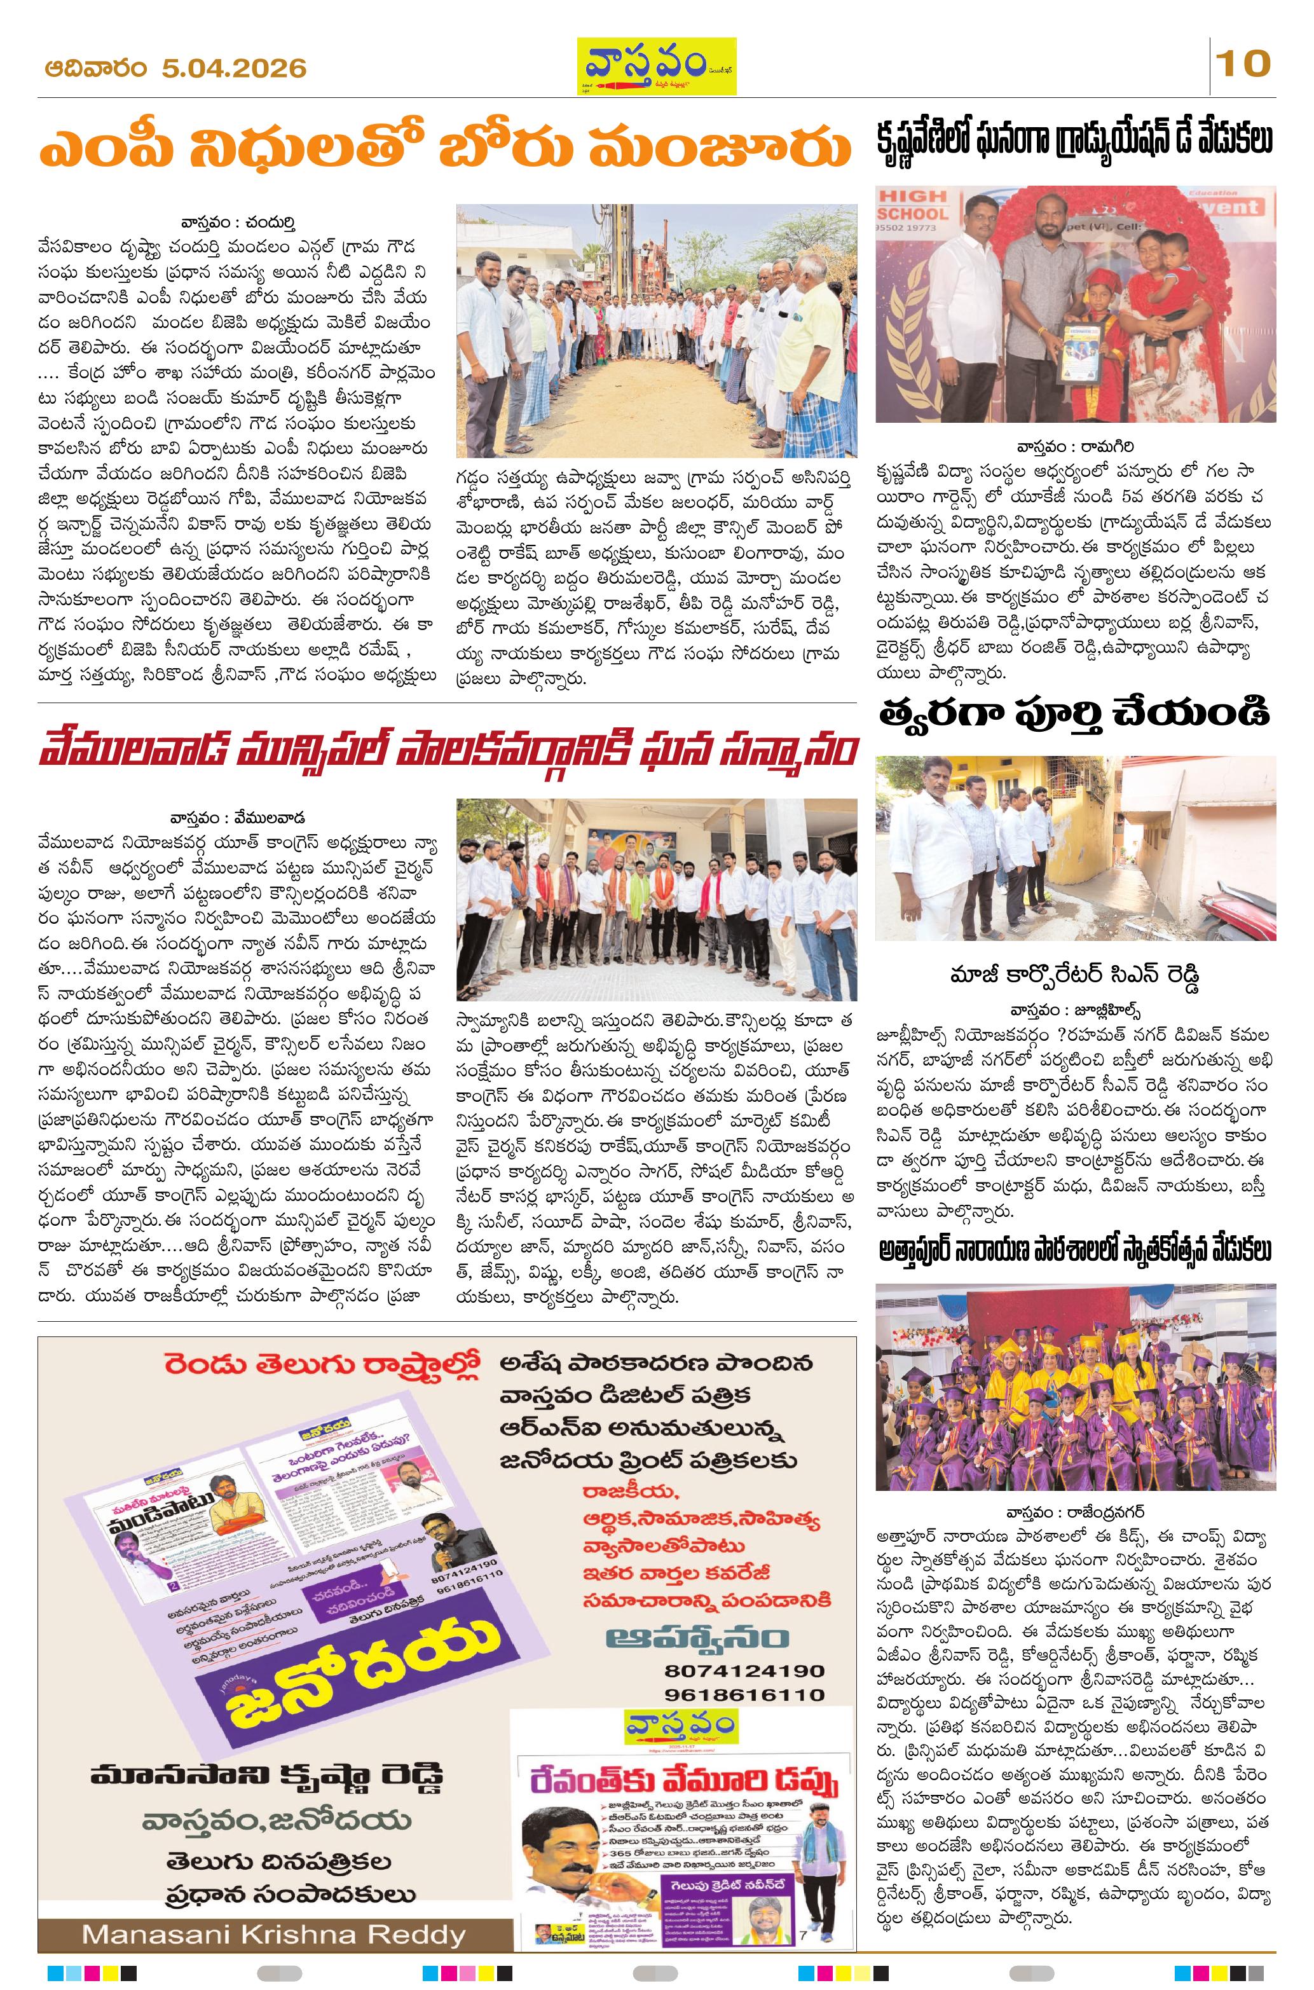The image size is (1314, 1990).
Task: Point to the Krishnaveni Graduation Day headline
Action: pyautogui.click(x=1074, y=140)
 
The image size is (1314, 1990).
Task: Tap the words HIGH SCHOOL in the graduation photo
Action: pyautogui.click(x=914, y=205)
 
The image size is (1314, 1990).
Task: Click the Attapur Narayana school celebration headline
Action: pyautogui.click(x=1074, y=1252)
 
